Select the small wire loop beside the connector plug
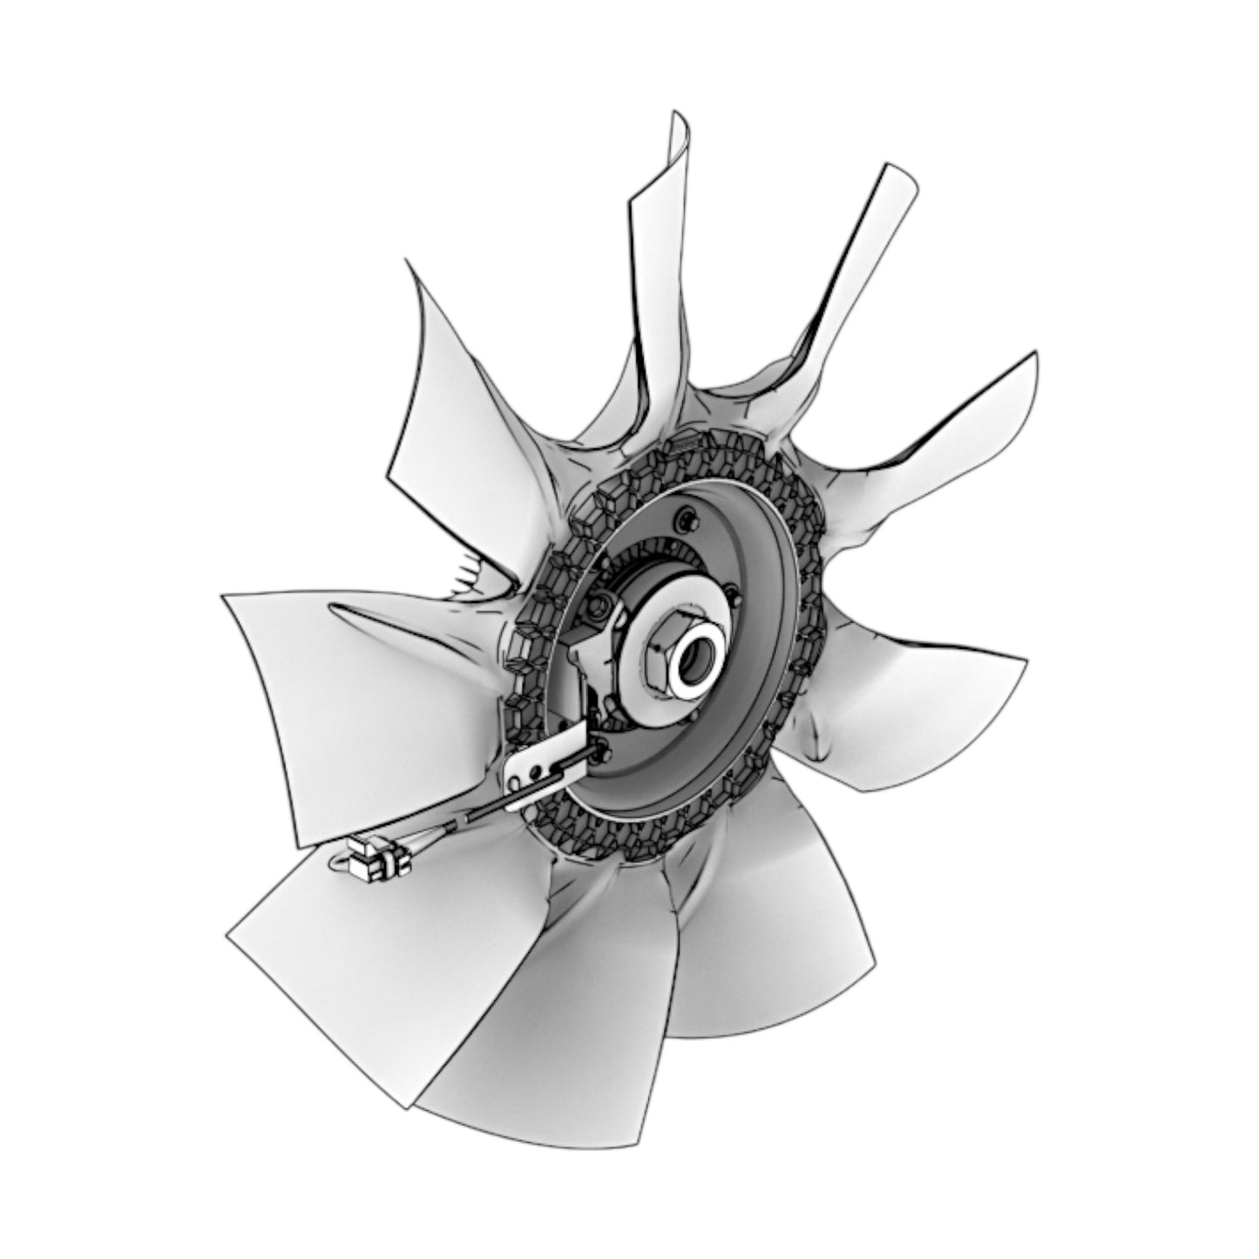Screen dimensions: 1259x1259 335,863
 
